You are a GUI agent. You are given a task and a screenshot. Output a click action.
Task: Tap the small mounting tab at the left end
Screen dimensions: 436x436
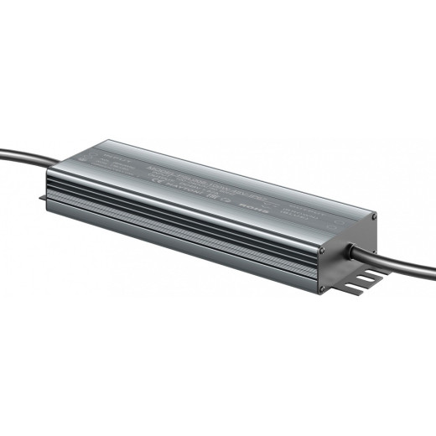(x=44, y=199)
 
